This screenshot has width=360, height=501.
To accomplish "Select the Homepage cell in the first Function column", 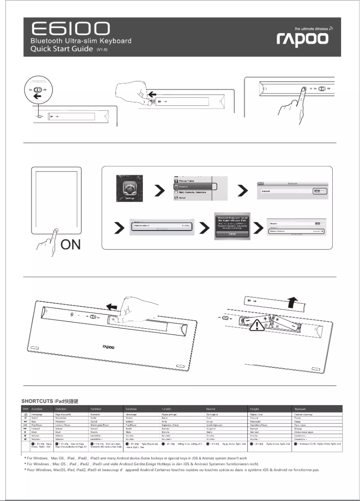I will [x=37, y=416].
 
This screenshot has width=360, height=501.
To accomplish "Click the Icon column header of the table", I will [x=26, y=410].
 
